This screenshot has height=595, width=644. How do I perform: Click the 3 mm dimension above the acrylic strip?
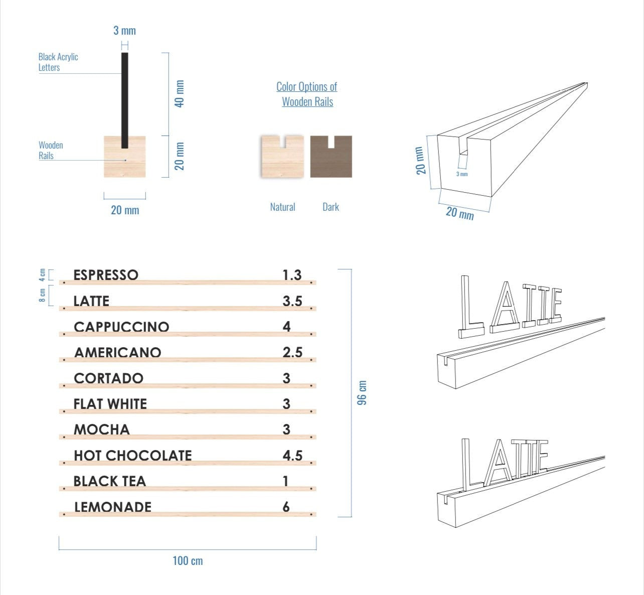(124, 31)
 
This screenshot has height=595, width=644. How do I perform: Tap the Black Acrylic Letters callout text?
(58, 62)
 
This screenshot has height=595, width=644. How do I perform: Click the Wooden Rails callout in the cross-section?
(51, 150)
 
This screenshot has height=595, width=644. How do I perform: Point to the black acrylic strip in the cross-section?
(124, 100)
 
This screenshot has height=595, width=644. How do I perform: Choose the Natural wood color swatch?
(282, 156)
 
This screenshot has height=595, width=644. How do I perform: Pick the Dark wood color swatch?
(331, 156)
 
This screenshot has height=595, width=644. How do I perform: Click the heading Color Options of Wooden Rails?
(307, 94)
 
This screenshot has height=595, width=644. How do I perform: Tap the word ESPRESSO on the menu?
(106, 275)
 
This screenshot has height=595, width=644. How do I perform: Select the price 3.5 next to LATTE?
(292, 301)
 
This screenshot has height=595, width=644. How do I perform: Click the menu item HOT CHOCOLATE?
(133, 456)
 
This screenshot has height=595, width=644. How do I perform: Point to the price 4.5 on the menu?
(292, 456)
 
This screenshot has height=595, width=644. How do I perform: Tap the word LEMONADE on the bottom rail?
(113, 507)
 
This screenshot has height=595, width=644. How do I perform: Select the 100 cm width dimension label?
(188, 560)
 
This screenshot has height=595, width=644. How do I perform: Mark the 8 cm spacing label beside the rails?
(43, 295)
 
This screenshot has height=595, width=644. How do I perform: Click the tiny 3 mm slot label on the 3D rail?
(462, 174)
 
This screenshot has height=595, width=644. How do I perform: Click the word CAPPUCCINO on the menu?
(121, 327)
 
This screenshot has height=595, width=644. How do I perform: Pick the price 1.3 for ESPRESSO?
(292, 275)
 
